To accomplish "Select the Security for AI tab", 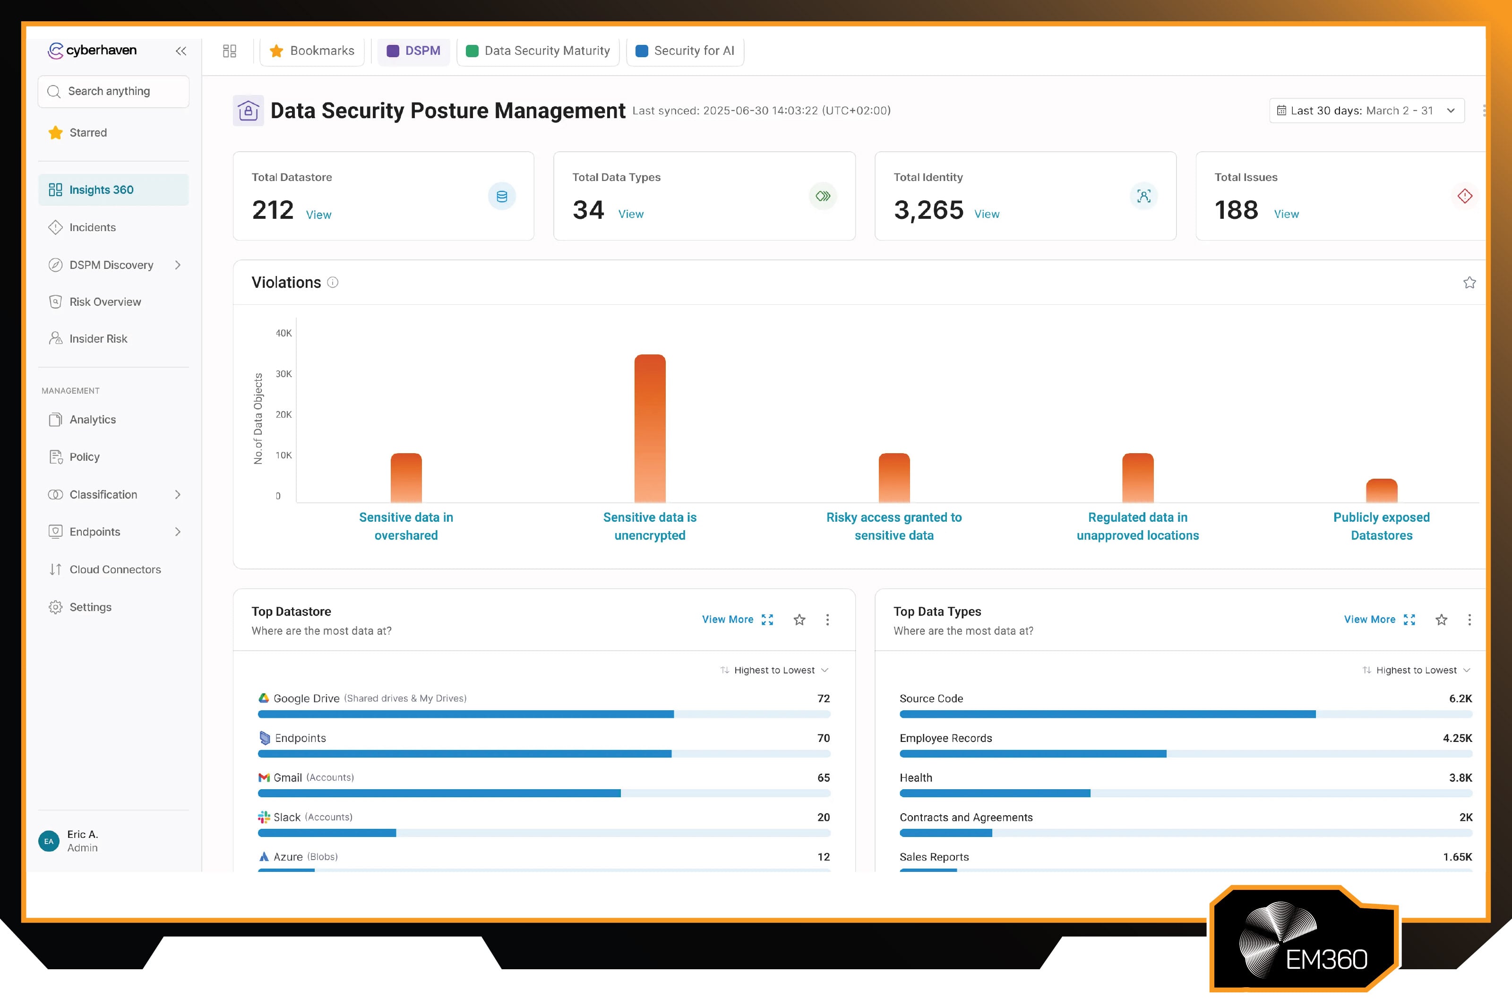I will [685, 51].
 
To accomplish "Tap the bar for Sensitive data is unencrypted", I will [650, 428].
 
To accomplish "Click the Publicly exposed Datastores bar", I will [1381, 491].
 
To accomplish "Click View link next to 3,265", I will [987, 214].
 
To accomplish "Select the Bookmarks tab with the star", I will [312, 51].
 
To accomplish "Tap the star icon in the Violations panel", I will [1469, 283].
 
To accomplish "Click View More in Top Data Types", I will [1369, 620].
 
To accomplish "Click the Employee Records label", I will [945, 738].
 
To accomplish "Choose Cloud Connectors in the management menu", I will [115, 569].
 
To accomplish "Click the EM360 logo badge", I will [1305, 940].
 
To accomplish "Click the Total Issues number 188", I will [1236, 210].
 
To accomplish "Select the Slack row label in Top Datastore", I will [287, 818].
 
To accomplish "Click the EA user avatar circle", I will [49, 841].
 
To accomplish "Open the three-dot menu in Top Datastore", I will [827, 620].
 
